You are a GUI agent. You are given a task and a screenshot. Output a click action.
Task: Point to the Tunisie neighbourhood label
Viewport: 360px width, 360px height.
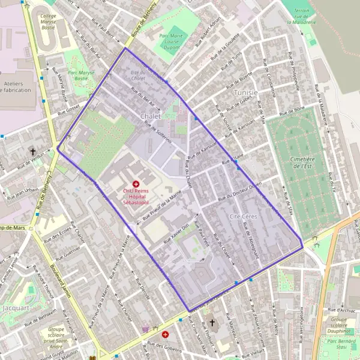[246, 92]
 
